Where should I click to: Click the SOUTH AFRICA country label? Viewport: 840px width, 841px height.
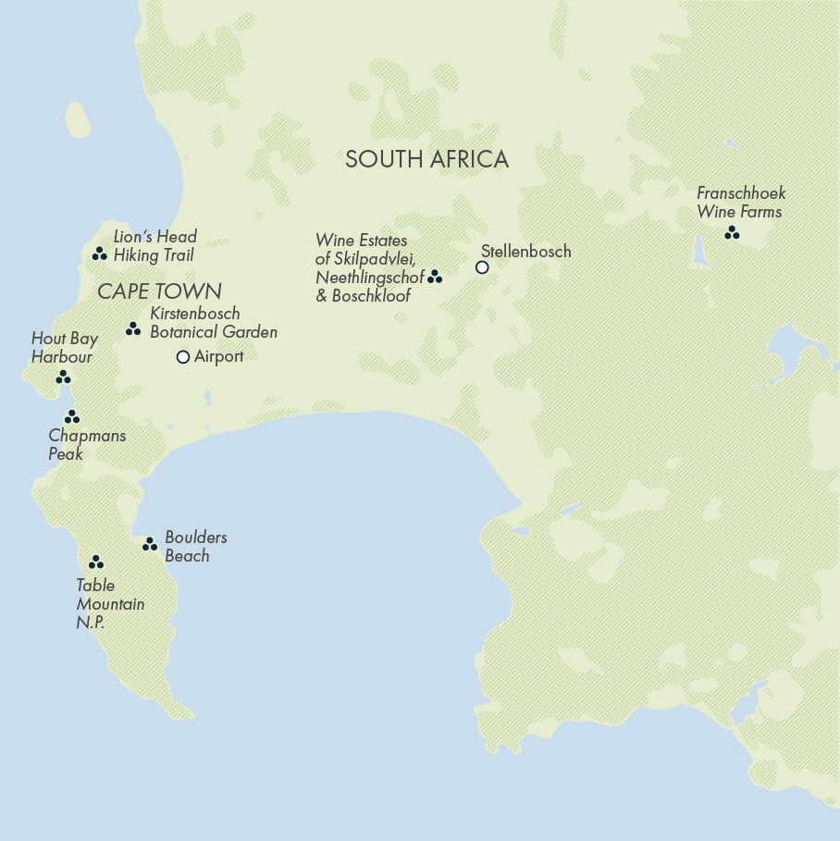coord(426,159)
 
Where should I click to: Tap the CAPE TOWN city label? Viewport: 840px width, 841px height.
coord(159,292)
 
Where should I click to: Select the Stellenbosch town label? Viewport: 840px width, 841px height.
coord(525,252)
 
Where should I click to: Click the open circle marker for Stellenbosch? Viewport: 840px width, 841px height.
coord(482,267)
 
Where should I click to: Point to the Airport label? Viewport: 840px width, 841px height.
coord(219,356)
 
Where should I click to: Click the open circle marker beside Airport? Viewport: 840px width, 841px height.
coord(183,357)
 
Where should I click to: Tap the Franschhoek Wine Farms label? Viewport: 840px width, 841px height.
coord(740,203)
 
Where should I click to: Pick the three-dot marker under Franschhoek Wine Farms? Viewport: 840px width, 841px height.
coord(732,233)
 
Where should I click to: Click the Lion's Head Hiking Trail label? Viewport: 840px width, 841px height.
coord(154,246)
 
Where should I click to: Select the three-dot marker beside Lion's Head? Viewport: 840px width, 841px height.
coord(99,254)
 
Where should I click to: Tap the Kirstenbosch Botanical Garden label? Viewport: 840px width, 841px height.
coord(213,323)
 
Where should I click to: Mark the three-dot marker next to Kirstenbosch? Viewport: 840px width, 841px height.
coord(133,328)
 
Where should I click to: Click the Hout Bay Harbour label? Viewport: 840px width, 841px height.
coord(64,348)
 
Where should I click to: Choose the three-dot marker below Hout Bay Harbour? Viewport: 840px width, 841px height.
coord(63,377)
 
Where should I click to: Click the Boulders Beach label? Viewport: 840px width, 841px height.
coord(195,547)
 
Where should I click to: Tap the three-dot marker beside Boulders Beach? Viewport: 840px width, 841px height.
coord(150,545)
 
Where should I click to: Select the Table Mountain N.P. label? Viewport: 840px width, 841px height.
coord(109,604)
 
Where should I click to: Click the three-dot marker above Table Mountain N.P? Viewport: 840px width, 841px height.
coord(95,563)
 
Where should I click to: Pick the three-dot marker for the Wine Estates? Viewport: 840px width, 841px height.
coord(435,277)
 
